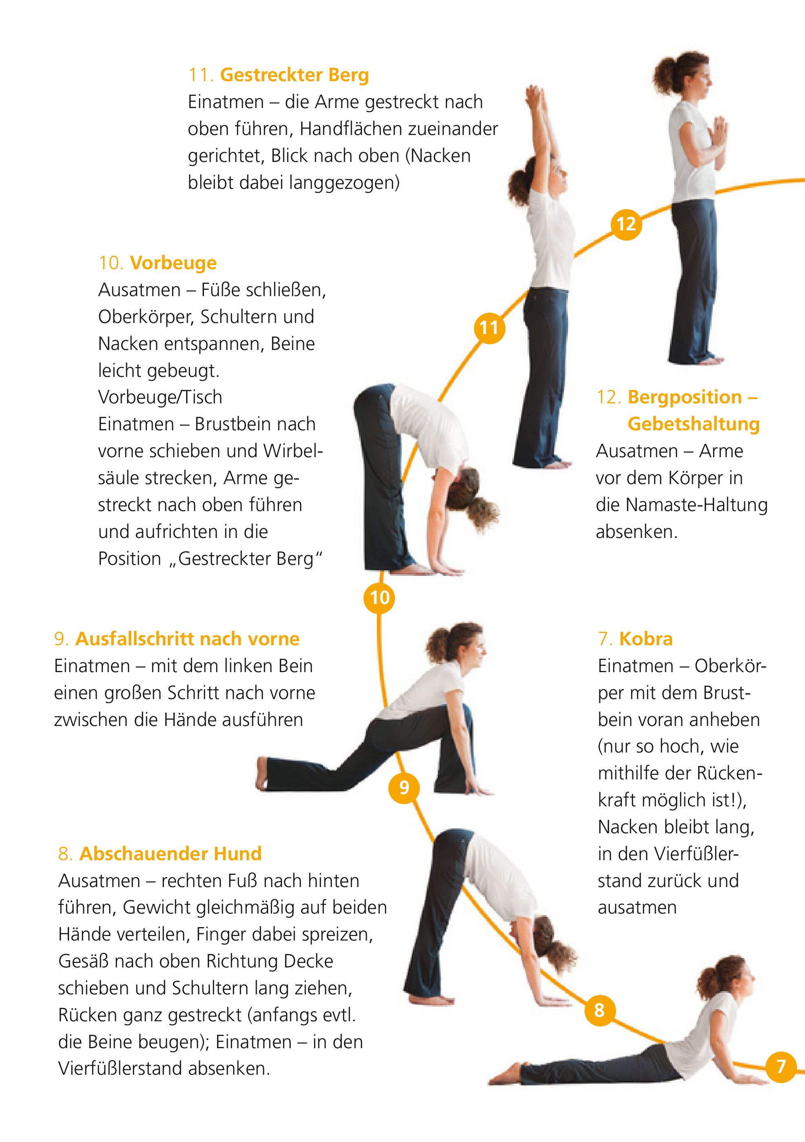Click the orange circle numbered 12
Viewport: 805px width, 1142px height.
626,224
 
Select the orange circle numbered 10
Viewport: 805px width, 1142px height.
379,598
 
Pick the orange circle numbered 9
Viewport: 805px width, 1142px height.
404,787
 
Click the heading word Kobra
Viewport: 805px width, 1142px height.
646,639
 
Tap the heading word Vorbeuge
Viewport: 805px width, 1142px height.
173,263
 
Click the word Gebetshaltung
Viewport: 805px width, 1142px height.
694,424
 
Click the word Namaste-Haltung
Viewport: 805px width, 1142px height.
696,505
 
